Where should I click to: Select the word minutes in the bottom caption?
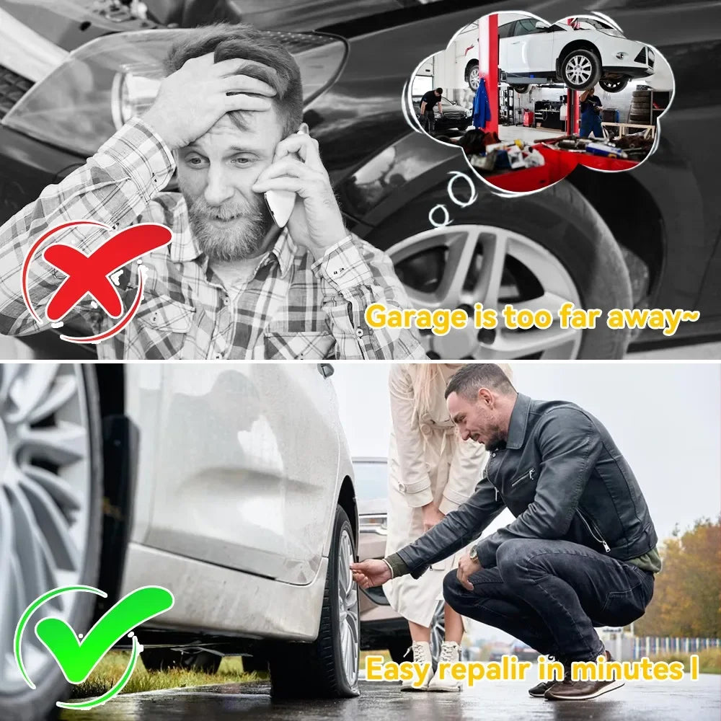click(620, 669)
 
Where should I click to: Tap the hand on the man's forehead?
click(209, 94)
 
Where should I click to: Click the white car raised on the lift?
click(570, 50)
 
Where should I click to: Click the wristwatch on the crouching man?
click(474, 555)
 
